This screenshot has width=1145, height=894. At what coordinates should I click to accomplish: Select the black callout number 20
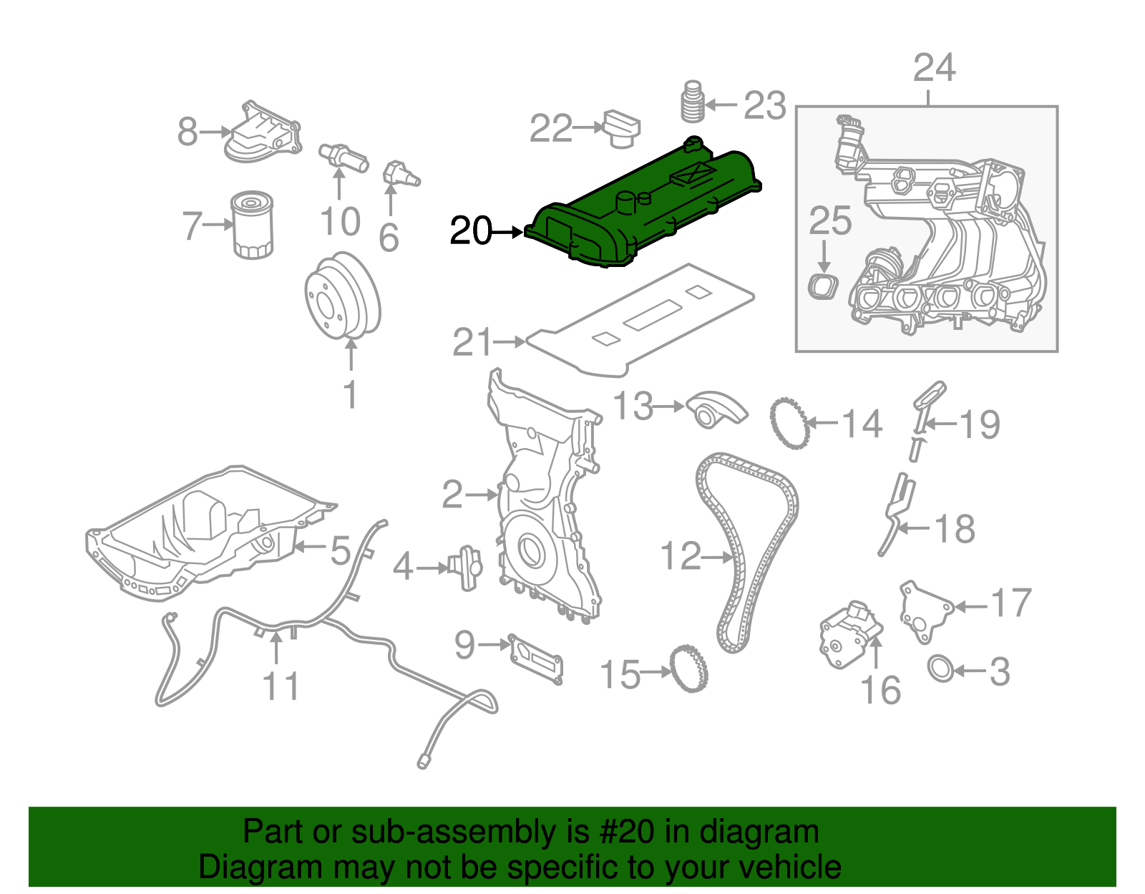click(x=471, y=231)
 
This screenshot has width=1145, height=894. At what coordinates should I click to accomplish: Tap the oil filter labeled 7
click(x=252, y=225)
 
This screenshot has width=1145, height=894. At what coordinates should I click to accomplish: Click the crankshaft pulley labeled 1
click(x=342, y=295)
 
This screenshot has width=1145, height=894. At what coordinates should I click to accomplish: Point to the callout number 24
click(x=934, y=68)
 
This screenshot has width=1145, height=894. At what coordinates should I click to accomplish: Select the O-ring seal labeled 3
click(x=941, y=669)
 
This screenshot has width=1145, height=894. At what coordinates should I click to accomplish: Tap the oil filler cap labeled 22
click(x=621, y=129)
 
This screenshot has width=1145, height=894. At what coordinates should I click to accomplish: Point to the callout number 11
click(x=281, y=686)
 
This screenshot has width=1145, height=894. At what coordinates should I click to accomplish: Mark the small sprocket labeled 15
click(x=689, y=668)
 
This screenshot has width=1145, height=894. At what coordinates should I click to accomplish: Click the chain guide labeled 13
click(x=716, y=409)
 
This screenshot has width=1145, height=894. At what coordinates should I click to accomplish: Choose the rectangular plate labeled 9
click(x=535, y=657)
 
